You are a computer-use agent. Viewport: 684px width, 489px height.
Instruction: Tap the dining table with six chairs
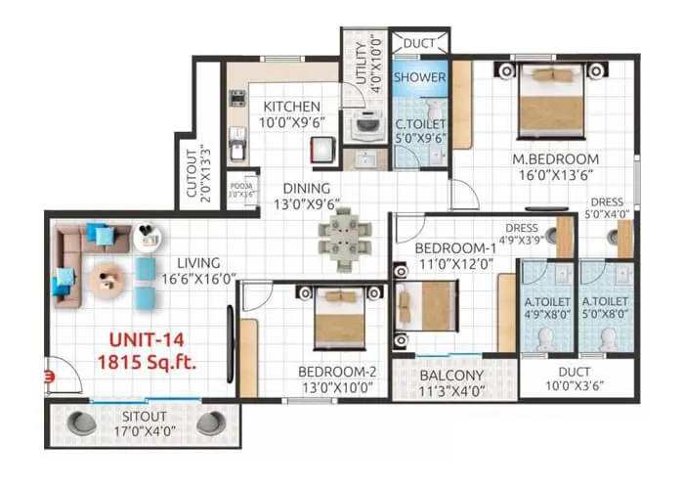click(342, 239)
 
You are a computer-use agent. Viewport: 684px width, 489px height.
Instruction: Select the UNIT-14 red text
click(146, 342)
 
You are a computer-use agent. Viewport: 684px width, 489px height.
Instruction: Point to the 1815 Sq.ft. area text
click(146, 364)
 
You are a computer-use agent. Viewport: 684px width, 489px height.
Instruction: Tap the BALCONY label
click(451, 375)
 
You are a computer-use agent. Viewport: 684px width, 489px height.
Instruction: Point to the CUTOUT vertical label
click(192, 170)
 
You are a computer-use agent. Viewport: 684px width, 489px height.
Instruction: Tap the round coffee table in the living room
click(107, 281)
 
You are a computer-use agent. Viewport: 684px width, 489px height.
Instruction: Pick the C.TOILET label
click(420, 124)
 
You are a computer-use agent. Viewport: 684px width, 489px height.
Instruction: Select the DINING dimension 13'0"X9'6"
click(300, 204)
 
